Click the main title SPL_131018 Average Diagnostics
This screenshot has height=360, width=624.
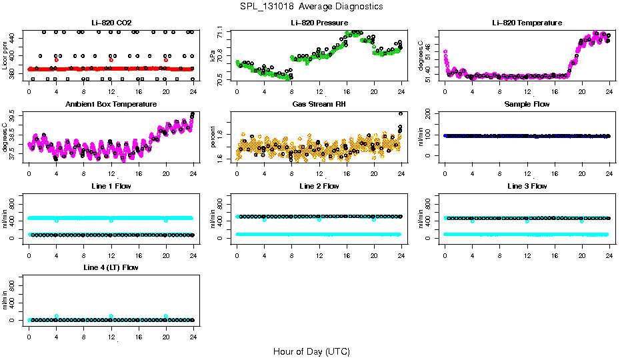pyautogui.click(x=312, y=6)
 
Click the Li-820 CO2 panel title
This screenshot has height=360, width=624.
pyautogui.click(x=111, y=23)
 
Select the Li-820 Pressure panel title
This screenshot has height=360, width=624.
pyautogui.click(x=319, y=23)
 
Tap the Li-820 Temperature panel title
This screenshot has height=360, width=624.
pyautogui.click(x=527, y=23)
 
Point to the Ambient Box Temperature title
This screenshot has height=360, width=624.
pyautogui.click(x=111, y=105)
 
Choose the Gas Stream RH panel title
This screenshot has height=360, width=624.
pyautogui.click(x=319, y=105)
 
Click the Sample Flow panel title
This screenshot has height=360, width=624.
pyautogui.click(x=527, y=105)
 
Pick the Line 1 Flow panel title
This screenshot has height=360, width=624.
pyautogui.click(x=111, y=186)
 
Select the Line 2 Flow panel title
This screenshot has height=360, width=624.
pyautogui.click(x=319, y=186)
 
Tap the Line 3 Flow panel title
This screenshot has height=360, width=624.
pyautogui.click(x=527, y=186)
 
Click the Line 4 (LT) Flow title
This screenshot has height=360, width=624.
pyautogui.click(x=111, y=267)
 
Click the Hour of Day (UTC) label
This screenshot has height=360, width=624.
pyautogui.click(x=311, y=351)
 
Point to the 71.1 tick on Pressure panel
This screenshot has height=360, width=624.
pyautogui.click(x=221, y=32)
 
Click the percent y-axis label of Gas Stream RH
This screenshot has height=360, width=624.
pyautogui.click(x=213, y=137)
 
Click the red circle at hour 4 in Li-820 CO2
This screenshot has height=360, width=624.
pyautogui.click(x=56, y=60)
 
